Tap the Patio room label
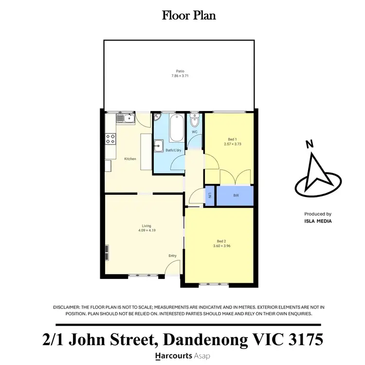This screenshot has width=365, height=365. click(x=181, y=71)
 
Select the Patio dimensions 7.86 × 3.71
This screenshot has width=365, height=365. click(x=181, y=76)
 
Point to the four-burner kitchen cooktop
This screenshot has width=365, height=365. click(x=110, y=139)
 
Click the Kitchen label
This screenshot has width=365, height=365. click(x=130, y=159)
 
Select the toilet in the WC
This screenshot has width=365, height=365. click(x=195, y=120)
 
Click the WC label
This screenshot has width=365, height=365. click(x=194, y=132)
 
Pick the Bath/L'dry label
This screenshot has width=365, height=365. click(x=173, y=150)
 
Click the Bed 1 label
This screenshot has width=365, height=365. click(x=233, y=139)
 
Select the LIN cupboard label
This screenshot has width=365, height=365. click(x=210, y=196)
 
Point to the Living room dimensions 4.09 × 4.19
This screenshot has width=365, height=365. click(x=146, y=231)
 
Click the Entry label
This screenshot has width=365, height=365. click(x=172, y=256)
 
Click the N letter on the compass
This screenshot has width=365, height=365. click(x=309, y=144)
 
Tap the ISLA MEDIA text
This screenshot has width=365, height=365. click(x=318, y=220)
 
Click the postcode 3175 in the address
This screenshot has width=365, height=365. click(x=301, y=340)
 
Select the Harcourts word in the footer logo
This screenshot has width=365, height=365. click(x=173, y=356)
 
